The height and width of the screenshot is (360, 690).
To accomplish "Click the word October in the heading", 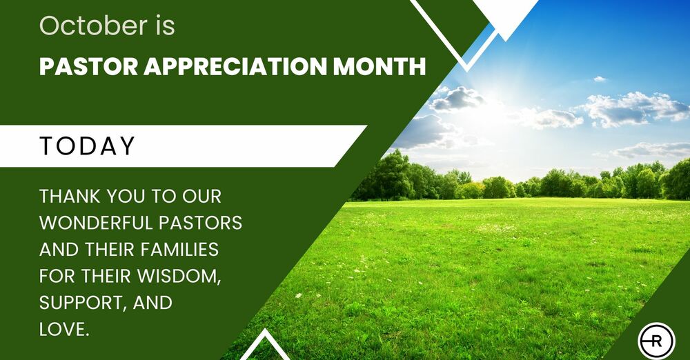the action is pos(93,25).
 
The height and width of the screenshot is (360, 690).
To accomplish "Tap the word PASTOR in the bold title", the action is pos(89,66).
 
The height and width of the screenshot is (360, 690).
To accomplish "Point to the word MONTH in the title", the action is pos(379,66).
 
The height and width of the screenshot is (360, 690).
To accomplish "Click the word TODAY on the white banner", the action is pos(87,146).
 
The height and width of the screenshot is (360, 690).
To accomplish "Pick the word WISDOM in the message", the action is pos(178,277).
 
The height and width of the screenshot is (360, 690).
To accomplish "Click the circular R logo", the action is pos(656,341).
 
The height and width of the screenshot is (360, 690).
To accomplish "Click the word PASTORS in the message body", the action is pos(200,223).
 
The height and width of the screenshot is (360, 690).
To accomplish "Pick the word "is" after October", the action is pos(165,25).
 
